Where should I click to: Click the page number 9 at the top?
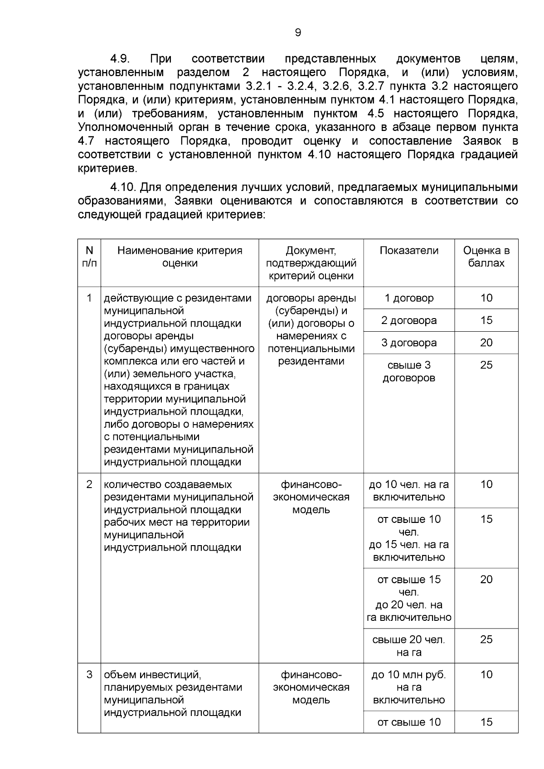point(298,33)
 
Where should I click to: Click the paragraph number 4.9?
point(120,59)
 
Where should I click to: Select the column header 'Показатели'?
point(409,251)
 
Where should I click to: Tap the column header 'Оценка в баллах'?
point(486,257)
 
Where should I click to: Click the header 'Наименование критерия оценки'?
point(180,257)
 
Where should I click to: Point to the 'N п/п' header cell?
point(89,257)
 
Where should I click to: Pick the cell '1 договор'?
point(409,298)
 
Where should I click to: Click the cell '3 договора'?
point(409,343)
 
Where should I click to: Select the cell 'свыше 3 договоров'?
point(409,372)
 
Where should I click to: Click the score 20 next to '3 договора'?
point(486,343)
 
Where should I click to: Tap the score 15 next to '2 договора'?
point(486,320)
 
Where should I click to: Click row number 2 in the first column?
point(89,484)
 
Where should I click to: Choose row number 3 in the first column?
point(89,675)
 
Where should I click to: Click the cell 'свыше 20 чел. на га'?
point(409,646)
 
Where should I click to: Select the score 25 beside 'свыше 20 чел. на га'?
point(486,640)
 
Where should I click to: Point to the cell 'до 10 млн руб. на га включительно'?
point(409,687)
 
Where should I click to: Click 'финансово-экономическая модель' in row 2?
point(311,497)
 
